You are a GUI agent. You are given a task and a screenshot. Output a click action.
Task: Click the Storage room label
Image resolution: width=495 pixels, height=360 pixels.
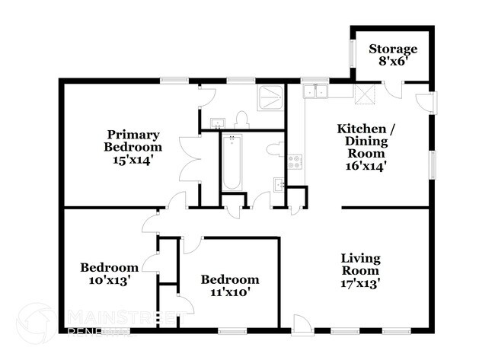[394, 56]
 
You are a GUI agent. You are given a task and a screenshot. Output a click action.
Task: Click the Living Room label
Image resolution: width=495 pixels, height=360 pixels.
[360, 270]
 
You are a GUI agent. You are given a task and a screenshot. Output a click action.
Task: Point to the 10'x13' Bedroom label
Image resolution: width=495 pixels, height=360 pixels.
[110, 273]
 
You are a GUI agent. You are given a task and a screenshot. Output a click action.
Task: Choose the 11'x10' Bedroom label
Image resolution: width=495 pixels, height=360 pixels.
[229, 285]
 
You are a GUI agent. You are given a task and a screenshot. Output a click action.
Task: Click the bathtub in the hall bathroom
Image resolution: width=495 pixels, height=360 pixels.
[231, 162]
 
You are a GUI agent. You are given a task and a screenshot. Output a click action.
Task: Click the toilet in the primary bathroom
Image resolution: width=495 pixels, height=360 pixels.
[243, 119]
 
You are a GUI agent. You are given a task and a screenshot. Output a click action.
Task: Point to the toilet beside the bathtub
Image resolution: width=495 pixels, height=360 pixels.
[275, 149]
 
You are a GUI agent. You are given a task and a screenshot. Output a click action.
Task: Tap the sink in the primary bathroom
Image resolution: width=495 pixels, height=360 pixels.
[216, 123]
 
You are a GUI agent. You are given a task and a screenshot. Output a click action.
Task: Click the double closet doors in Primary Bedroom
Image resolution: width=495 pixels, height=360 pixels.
[185, 156]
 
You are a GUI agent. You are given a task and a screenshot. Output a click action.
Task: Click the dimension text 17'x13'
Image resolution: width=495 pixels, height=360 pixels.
[360, 284]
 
